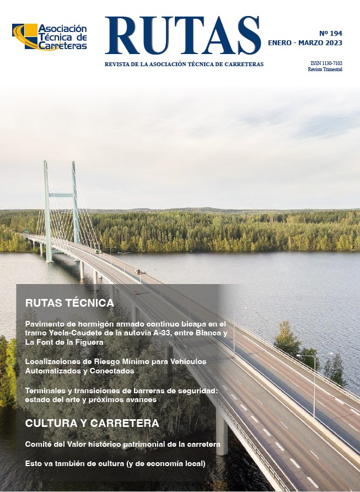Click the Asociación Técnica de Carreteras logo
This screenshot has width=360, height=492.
[50, 38]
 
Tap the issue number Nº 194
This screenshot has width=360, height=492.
[331, 33]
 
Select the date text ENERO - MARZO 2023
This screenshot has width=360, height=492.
[305, 43]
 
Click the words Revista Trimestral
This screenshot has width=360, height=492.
[325, 69]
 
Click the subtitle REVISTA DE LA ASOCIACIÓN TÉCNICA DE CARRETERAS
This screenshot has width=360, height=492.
[184, 65]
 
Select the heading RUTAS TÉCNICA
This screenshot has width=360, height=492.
[69, 303]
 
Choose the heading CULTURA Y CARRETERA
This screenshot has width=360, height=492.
[92, 423]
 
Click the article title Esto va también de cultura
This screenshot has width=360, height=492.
[115, 464]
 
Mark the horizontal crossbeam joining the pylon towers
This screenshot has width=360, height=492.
[61, 195]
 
